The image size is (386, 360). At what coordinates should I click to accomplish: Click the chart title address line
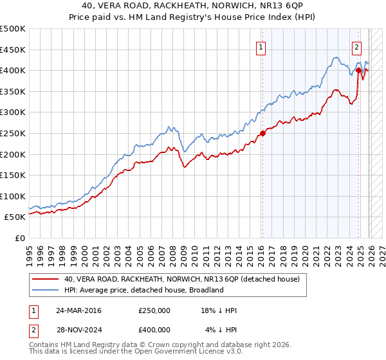[193, 6]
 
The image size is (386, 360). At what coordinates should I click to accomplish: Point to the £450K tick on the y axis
[13, 50]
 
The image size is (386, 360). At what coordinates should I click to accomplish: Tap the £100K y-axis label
[13, 196]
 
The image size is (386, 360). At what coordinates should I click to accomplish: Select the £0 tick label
[19, 238]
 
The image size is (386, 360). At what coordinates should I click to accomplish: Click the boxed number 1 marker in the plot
[261, 46]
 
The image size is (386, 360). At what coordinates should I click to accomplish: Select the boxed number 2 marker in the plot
[356, 46]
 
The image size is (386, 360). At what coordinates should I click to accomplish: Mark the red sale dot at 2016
[262, 134]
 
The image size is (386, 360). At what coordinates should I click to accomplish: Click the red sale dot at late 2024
[358, 71]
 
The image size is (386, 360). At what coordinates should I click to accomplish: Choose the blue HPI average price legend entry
[143, 290]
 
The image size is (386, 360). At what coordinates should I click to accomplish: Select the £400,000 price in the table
[154, 330]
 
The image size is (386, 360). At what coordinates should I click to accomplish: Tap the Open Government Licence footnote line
[136, 353]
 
